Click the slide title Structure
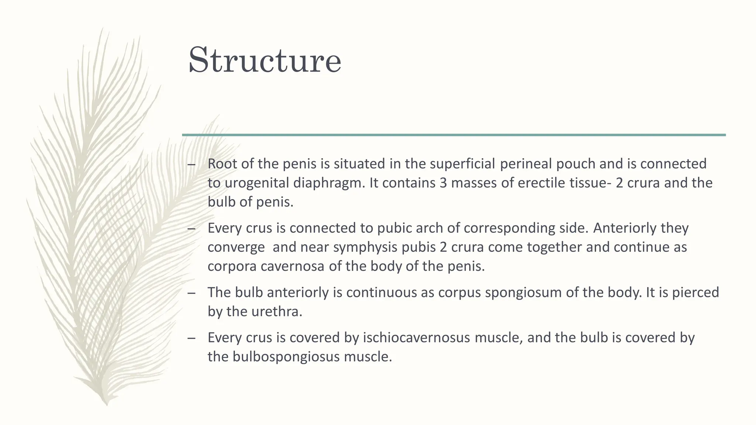click(x=265, y=60)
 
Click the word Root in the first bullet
click(x=222, y=164)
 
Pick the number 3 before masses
click(x=443, y=183)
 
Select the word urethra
click(x=276, y=312)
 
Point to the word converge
click(x=236, y=247)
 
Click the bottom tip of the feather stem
click(x=107, y=405)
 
